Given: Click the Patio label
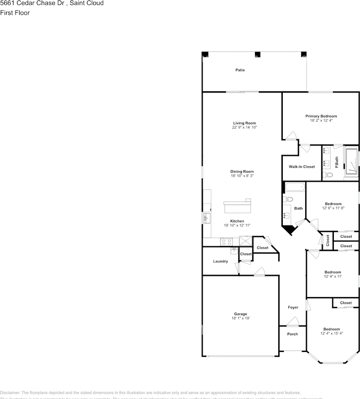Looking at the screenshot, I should (x=240, y=70).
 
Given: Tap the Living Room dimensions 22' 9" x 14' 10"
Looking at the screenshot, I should (x=244, y=128).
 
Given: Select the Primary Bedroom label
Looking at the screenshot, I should (x=321, y=116).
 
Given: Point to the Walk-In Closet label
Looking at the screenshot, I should (x=302, y=167).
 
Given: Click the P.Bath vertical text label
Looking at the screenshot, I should (x=337, y=162).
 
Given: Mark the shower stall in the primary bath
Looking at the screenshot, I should (x=351, y=163).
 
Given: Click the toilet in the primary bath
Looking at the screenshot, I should (x=328, y=175).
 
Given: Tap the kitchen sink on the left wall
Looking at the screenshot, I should (x=207, y=217).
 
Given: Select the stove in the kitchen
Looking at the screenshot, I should (x=226, y=241).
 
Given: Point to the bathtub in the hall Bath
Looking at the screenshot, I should (x=294, y=187).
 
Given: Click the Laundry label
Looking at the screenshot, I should (x=220, y=261).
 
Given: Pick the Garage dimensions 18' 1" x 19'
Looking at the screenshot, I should (x=240, y=318).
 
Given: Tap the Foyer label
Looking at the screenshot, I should (x=293, y=308).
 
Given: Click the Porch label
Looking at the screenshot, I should (x=293, y=334).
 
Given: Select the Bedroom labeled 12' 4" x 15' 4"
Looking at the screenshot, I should (x=332, y=331).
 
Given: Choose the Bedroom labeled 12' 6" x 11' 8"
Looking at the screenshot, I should (x=333, y=206).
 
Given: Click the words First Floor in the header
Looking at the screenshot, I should (x=15, y=13).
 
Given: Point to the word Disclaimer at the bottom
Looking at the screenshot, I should (x=10, y=393).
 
